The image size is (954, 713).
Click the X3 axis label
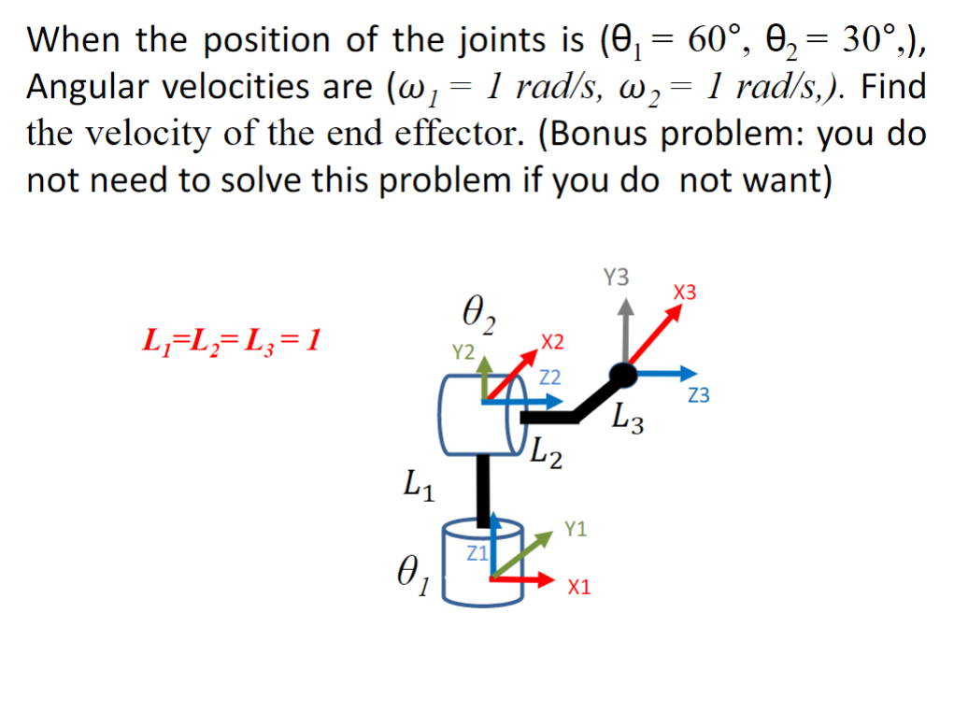click(685, 293)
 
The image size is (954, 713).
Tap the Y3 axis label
click(617, 277)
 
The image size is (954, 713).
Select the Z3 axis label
click(698, 396)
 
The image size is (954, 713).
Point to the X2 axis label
click(552, 342)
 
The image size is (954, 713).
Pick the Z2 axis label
click(550, 378)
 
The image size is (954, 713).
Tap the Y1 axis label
click(577, 530)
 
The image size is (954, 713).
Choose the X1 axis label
click(579, 587)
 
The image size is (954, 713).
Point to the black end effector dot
click(623, 375)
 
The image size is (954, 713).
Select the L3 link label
click(628, 418)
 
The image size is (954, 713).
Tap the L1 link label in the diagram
click(417, 486)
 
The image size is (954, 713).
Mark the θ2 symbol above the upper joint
click(478, 314)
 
